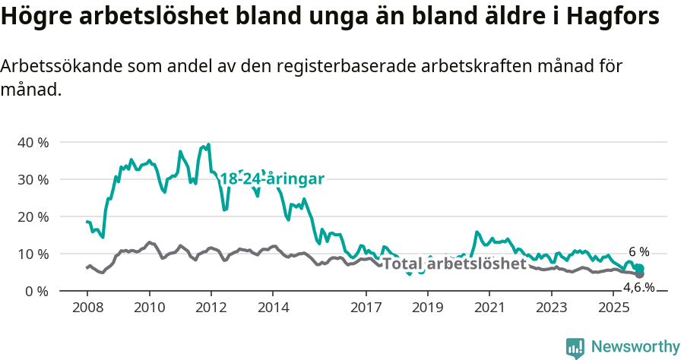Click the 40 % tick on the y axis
pyautogui.click(x=33, y=142)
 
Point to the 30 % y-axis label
pyautogui.click(x=33, y=179)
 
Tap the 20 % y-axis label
pyautogui.click(x=33, y=216)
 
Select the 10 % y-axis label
pyautogui.click(x=33, y=254)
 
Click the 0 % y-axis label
pyautogui.click(x=36, y=291)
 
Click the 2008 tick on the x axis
pyautogui.click(x=87, y=307)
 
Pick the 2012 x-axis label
pyautogui.click(x=211, y=307)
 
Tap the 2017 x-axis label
pyautogui.click(x=366, y=307)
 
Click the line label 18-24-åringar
pyautogui.click(x=272, y=178)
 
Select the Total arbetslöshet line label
pyautogui.click(x=454, y=264)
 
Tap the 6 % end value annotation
pyautogui.click(x=639, y=251)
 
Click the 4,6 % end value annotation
pyautogui.click(x=639, y=287)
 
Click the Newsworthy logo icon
pyautogui.click(x=575, y=348)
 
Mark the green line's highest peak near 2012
pyautogui.click(x=208, y=144)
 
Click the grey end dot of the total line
pyautogui.click(x=640, y=274)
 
